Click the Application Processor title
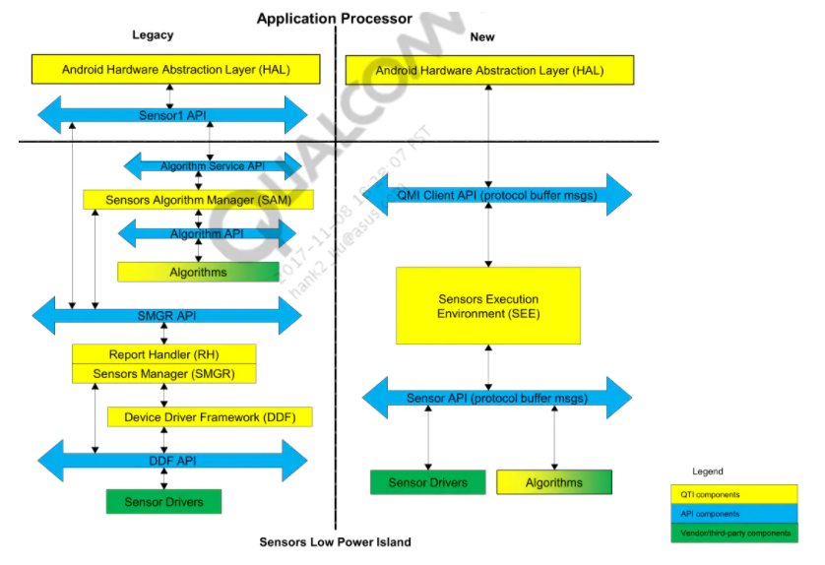(335, 18)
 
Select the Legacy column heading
(153, 35)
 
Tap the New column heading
(482, 37)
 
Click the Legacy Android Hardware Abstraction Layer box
(175, 70)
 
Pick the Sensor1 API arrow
(172, 115)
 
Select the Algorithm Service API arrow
(213, 166)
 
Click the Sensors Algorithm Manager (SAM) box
(197, 200)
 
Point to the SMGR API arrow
(167, 316)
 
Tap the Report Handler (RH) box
(163, 354)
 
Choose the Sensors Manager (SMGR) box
(163, 374)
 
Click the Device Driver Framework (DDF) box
(210, 417)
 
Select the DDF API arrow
(172, 460)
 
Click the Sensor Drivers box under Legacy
(163, 502)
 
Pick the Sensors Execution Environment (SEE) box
(488, 305)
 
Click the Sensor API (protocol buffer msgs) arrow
(497, 398)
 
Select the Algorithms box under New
(554, 482)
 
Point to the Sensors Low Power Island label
(335, 542)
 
